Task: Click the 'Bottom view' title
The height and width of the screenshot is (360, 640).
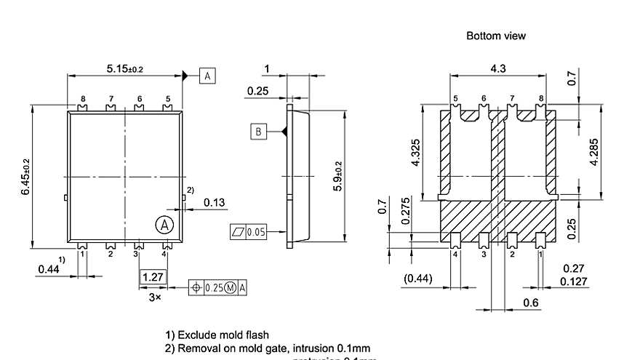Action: click(x=495, y=36)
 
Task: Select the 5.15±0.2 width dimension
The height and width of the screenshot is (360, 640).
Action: click(x=124, y=68)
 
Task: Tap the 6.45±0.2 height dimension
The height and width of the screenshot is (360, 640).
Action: click(x=26, y=177)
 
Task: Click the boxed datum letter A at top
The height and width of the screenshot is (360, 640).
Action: click(x=207, y=76)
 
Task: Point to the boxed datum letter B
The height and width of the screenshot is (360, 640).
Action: click(x=258, y=132)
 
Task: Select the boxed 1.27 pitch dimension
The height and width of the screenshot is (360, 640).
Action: click(x=153, y=277)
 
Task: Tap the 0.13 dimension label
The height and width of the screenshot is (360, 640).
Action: click(x=214, y=203)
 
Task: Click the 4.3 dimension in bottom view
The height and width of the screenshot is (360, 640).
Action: click(x=498, y=68)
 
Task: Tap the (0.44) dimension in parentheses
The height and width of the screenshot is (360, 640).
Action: click(x=417, y=277)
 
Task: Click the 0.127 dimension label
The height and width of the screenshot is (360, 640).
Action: click(x=572, y=282)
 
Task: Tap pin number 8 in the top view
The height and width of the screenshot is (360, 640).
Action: click(x=83, y=98)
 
